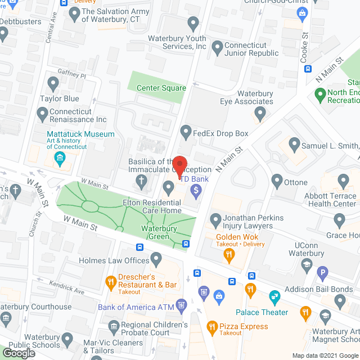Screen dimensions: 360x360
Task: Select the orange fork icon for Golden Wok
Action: click(229, 255)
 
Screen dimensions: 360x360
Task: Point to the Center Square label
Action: click(161, 88)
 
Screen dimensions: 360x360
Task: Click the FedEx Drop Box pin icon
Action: click(186, 133)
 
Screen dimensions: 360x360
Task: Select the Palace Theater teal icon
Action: click(274, 295)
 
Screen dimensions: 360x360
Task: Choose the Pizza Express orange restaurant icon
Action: click(212, 326)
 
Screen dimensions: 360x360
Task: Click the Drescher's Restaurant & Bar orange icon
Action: click(110, 279)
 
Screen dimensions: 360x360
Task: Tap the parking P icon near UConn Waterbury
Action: click(323, 275)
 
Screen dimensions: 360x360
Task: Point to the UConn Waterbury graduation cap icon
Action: click(307, 264)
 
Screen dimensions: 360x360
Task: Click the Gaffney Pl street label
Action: click(71, 74)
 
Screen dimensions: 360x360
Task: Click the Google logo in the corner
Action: click(17, 353)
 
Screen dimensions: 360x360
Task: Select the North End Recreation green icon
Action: click(321, 96)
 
